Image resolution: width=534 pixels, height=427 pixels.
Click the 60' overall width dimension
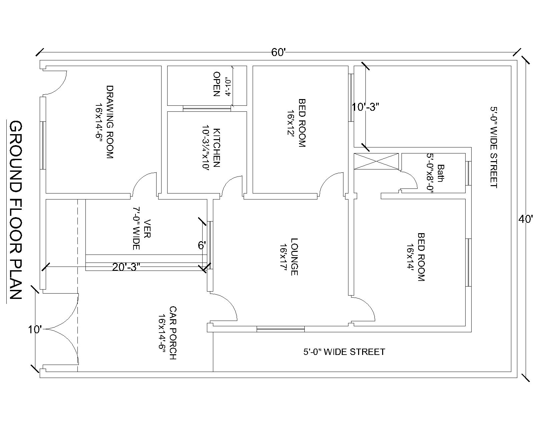click(x=279, y=52)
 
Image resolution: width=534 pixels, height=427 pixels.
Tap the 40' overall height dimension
click(x=526, y=219)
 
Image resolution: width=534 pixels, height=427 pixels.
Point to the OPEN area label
click(x=217, y=84)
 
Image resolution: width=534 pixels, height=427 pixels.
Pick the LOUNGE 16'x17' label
click(x=289, y=257)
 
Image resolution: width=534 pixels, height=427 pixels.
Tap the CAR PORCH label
click(x=168, y=333)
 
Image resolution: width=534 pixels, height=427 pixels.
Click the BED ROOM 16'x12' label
click(x=296, y=123)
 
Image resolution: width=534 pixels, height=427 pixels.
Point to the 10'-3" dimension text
click(x=365, y=107)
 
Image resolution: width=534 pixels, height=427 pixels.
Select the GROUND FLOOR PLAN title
click(x=15, y=210)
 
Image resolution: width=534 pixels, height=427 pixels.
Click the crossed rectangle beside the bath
click(x=376, y=161)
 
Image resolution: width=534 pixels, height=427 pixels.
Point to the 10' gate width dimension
click(x=34, y=330)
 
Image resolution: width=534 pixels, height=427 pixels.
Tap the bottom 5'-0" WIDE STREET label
click(x=344, y=352)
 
